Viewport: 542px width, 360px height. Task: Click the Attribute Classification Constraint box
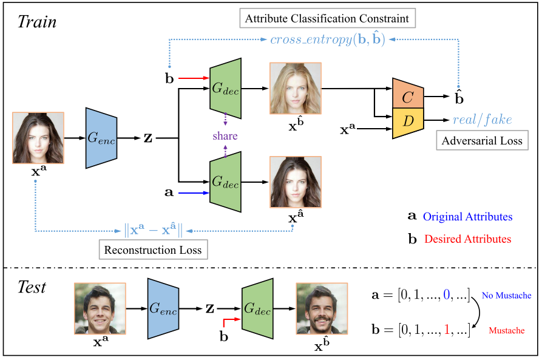point(327,19)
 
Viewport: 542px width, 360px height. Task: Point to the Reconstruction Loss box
point(152,250)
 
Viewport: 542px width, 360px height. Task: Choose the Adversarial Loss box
point(481,141)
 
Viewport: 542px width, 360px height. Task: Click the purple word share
point(225,135)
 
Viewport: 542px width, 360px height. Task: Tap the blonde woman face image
point(295,88)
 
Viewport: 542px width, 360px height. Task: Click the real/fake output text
point(482,120)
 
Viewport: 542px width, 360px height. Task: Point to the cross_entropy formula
point(328,41)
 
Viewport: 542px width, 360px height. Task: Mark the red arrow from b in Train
point(193,78)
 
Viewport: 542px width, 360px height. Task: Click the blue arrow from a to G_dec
point(193,193)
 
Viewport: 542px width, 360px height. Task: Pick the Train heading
point(36,22)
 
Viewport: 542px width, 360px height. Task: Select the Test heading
point(31,287)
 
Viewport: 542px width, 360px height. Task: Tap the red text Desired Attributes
point(468,239)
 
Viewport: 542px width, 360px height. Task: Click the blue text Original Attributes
point(467,217)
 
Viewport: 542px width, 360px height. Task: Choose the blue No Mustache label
point(506,296)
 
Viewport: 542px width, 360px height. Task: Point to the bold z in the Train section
point(147,138)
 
